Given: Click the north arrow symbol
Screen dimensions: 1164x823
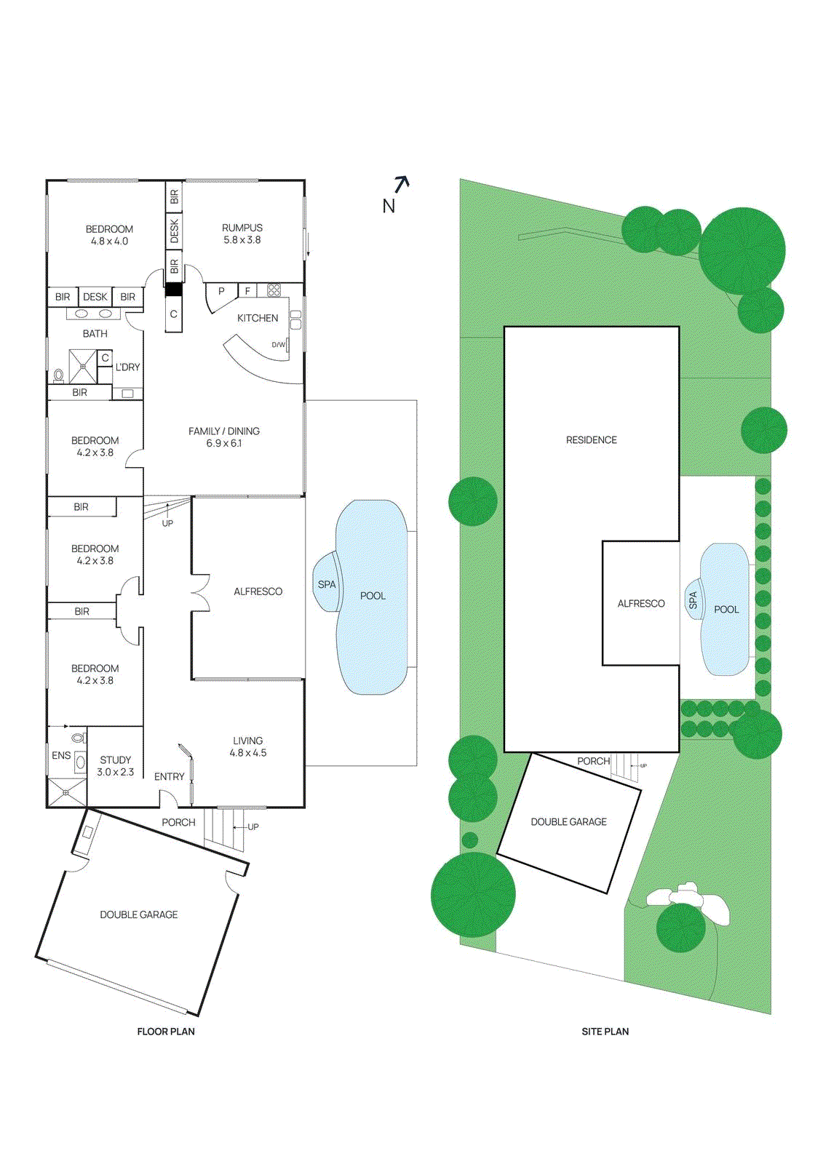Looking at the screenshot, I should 402,184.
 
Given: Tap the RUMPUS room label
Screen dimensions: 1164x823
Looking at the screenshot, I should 242,228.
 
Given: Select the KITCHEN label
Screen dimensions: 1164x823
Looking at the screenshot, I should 258,318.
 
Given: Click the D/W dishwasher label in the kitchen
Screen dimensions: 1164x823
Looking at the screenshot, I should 279,345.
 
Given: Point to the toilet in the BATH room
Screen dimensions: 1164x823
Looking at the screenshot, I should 58,375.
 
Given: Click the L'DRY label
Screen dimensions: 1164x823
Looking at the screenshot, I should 128,367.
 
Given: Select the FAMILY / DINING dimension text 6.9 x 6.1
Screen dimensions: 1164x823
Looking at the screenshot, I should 223,443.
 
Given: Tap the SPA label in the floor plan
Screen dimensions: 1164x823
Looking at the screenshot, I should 327,584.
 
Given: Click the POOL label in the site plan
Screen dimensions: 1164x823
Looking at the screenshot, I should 725,610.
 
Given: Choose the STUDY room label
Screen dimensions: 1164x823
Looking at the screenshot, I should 116,760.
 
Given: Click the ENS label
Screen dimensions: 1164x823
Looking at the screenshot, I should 61,756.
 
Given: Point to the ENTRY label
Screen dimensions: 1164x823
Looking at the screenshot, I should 170,777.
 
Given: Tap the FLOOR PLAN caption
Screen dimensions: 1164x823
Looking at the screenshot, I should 166,1032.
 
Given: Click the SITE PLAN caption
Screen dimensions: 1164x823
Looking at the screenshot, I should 605,1032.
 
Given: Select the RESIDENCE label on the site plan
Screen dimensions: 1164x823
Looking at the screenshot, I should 591,440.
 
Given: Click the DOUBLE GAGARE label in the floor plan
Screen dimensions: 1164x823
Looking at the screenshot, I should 139,914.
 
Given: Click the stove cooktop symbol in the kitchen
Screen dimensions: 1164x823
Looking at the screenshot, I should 274,290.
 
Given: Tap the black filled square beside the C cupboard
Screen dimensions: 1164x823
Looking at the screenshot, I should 173,290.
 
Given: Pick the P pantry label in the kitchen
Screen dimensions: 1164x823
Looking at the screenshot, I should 221,291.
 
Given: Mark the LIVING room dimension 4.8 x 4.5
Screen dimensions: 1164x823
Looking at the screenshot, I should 248,753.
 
